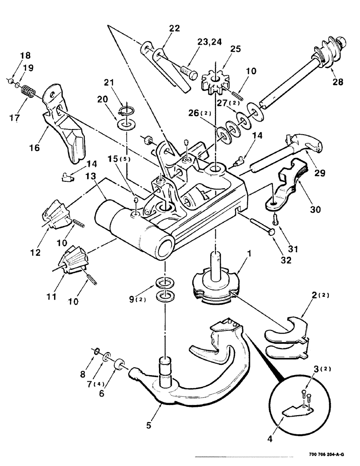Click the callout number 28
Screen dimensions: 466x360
point(337,82)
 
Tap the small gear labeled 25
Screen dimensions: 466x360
point(215,82)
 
